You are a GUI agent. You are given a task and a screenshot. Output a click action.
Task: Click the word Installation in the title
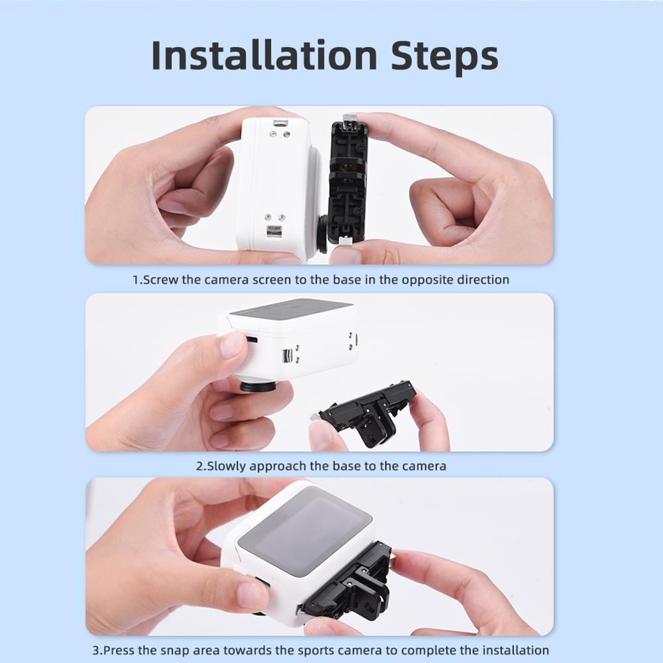click(264, 56)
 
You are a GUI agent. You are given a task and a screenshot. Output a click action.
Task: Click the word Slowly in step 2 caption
click(227, 466)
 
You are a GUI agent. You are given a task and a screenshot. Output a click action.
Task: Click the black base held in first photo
click(348, 182)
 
